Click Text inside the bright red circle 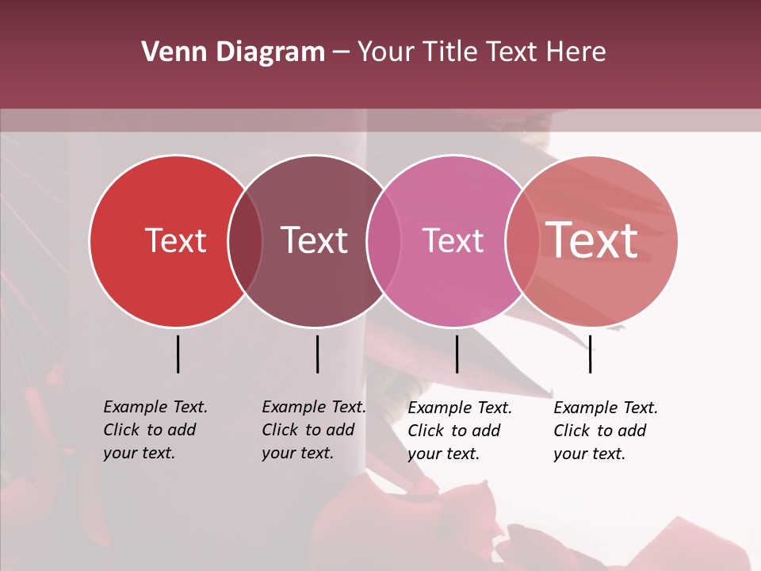pos(175,240)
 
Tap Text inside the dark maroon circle pos(314,240)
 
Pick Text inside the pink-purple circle pos(453,240)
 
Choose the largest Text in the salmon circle pos(592,240)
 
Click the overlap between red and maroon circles pos(245,241)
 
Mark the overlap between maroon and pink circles pos(384,241)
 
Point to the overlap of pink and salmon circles pos(522,241)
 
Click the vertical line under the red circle pos(178,354)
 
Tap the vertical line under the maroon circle pos(317,354)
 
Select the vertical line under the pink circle pos(457,354)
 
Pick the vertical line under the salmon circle pos(590,354)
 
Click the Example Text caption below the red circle pos(155,430)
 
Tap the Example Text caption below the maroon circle pos(313,430)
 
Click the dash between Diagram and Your pos(341,53)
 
